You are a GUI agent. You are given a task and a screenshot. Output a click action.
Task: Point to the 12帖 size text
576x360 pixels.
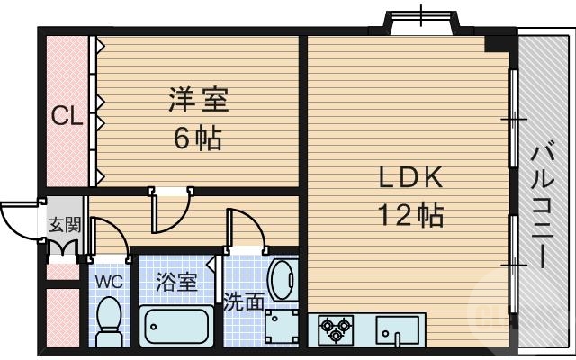click(x=409, y=216)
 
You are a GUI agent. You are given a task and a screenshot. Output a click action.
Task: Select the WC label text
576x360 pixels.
click(x=109, y=281)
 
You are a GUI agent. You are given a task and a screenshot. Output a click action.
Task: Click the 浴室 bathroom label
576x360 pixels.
click(x=175, y=282)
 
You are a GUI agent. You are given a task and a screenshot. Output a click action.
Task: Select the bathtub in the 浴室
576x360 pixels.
click(x=176, y=326)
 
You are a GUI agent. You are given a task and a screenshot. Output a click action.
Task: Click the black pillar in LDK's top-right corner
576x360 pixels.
click(x=497, y=42)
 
